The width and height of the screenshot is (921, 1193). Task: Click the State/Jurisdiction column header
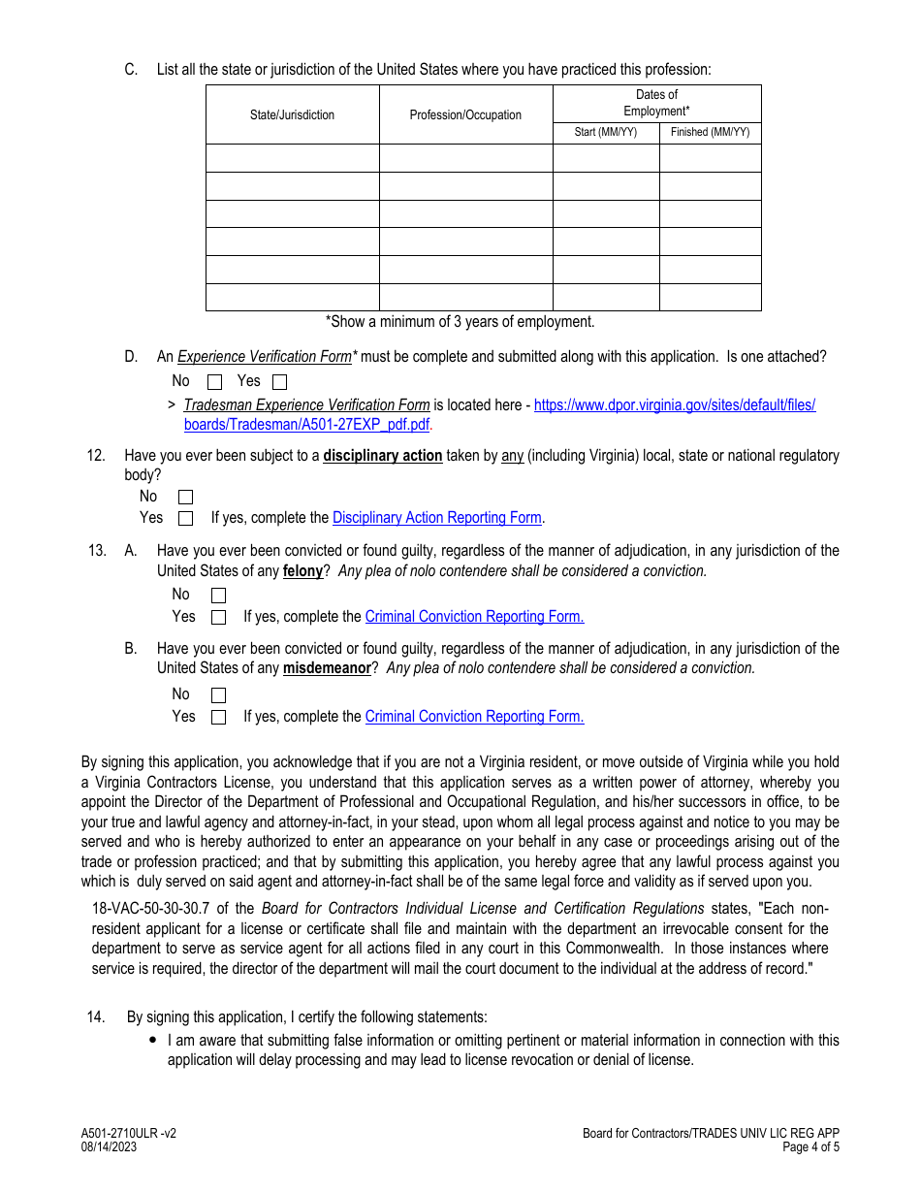tap(292, 114)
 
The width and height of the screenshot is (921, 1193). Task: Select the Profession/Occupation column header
tap(465, 114)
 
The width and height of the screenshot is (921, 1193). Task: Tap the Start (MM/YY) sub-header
tap(606, 132)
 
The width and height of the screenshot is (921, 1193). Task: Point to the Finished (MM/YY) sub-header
tap(710, 132)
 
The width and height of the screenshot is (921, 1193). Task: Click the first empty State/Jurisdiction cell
tap(292, 158)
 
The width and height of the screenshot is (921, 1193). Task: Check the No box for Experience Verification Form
tap(215, 382)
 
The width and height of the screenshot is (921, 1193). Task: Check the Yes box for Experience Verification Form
tap(280, 382)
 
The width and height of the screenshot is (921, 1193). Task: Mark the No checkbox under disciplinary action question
tap(186, 498)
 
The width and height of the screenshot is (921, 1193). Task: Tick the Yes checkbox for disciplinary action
tap(186, 519)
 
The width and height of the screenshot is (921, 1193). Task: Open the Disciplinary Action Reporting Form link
tap(437, 518)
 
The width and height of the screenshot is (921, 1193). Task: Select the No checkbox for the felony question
tap(218, 596)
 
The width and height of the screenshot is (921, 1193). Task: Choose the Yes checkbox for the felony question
tap(218, 617)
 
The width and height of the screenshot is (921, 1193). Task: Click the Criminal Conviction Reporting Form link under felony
tap(474, 617)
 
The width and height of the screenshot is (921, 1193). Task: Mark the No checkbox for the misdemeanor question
tap(218, 695)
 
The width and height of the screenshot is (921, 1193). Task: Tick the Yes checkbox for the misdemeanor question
tap(218, 718)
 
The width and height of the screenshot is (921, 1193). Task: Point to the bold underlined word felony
tap(302, 571)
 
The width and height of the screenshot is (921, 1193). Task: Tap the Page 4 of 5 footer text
tap(811, 1147)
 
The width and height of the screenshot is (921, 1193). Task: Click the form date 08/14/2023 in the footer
tap(109, 1147)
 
